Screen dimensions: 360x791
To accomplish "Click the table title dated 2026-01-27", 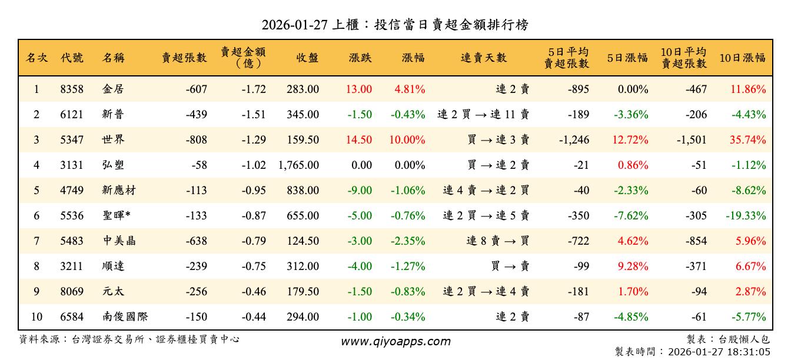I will click(395, 24).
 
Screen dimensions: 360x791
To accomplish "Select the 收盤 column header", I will click(307, 58).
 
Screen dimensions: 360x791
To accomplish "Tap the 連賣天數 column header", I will click(483, 58).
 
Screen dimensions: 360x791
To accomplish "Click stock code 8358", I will click(72, 89).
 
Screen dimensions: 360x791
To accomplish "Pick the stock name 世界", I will click(113, 140).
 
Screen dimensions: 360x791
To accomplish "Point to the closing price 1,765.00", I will click(299, 165).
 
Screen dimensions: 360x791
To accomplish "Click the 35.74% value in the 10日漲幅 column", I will click(746, 140).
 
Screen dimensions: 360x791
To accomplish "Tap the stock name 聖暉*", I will click(117, 216).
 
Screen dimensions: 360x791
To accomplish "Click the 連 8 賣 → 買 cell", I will click(497, 241).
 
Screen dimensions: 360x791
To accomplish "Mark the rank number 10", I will click(36, 317).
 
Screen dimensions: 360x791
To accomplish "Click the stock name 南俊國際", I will click(125, 317).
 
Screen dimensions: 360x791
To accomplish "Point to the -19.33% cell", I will click(746, 216).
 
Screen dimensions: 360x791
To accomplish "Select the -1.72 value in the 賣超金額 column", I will click(254, 89).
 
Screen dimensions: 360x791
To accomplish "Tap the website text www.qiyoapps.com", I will click(395, 341).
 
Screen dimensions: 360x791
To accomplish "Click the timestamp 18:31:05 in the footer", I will click(749, 352).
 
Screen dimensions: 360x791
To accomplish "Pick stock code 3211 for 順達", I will click(72, 266).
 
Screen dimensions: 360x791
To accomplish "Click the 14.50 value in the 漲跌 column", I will click(359, 140).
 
